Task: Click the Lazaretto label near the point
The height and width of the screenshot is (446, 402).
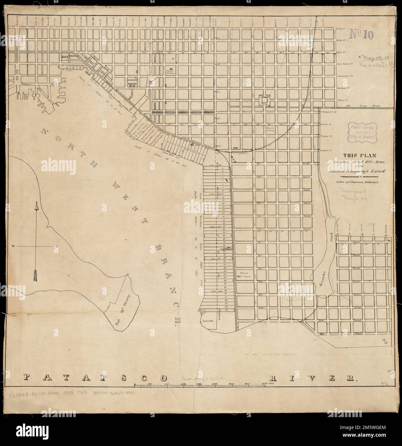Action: (207, 321)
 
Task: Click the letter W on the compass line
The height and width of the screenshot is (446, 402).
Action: (14, 246)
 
